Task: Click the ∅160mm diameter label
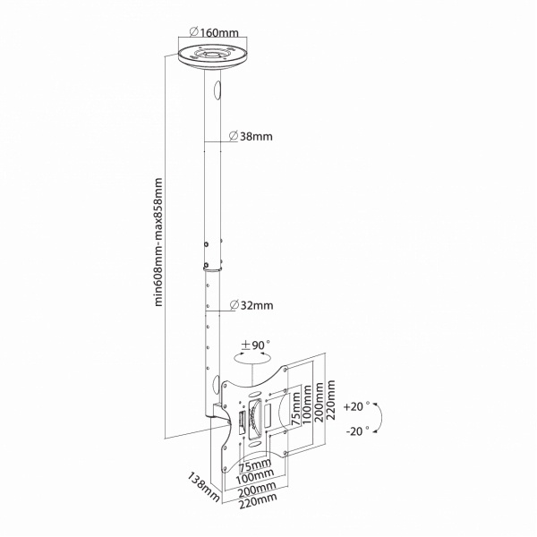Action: (x=214, y=32)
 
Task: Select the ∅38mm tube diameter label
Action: (x=251, y=136)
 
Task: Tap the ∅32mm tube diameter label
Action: (x=251, y=305)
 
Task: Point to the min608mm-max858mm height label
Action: (x=158, y=242)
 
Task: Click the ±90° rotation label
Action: (x=255, y=345)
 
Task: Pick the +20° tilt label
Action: (x=356, y=406)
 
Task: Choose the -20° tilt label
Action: (x=359, y=430)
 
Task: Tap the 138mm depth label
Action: (x=203, y=487)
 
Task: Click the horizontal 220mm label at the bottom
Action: (x=258, y=501)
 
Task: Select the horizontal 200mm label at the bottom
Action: (x=257, y=489)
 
